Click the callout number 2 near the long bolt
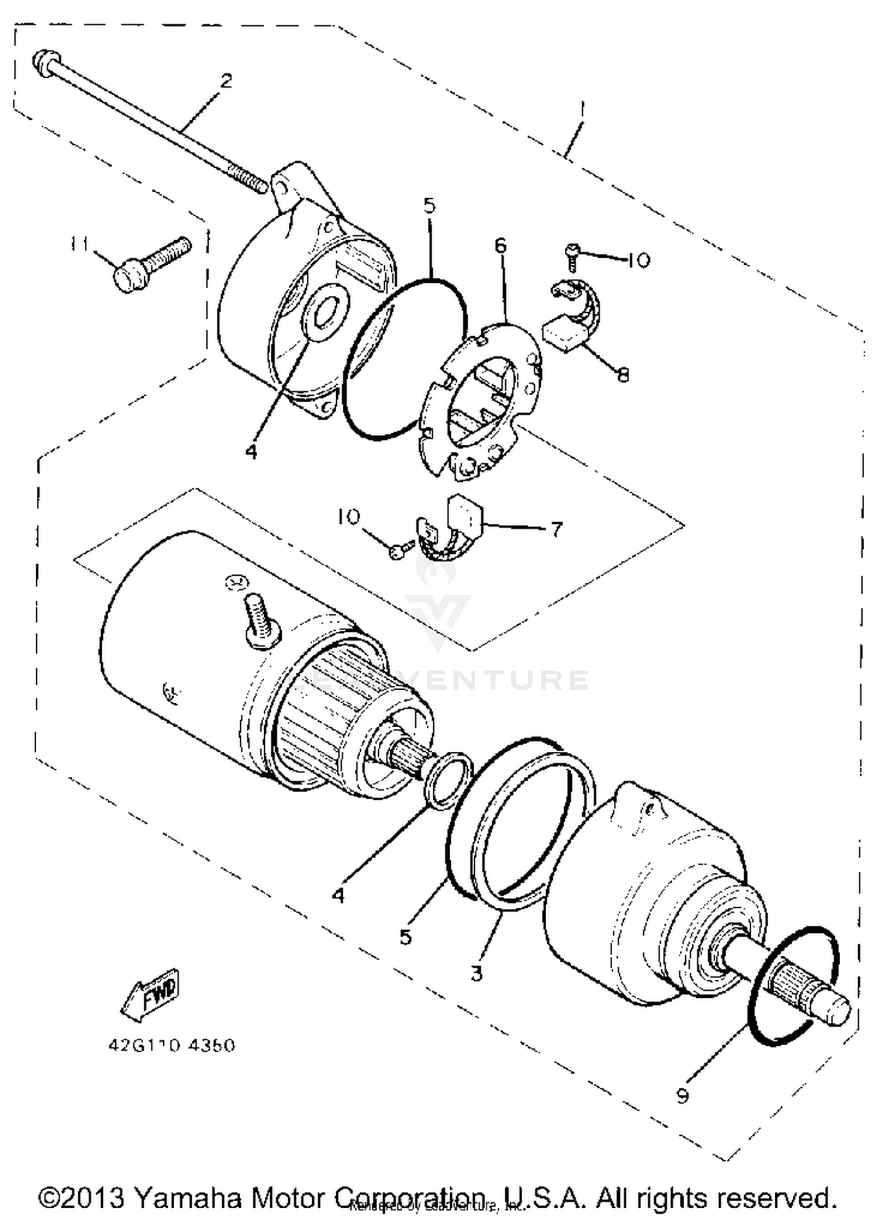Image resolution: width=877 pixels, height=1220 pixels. [x=226, y=80]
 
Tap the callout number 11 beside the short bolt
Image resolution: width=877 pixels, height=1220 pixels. [x=79, y=243]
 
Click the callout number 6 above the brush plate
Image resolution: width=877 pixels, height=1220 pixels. [x=500, y=246]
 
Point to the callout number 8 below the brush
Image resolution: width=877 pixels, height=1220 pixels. [x=623, y=374]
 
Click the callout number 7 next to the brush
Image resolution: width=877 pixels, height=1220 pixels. [x=557, y=529]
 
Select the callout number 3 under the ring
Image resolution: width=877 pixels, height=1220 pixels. [x=477, y=973]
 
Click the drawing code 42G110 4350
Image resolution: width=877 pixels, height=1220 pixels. [x=171, y=1045]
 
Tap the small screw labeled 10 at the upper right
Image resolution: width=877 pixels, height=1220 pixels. [x=572, y=256]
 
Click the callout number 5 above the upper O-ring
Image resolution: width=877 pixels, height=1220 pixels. [x=430, y=206]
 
